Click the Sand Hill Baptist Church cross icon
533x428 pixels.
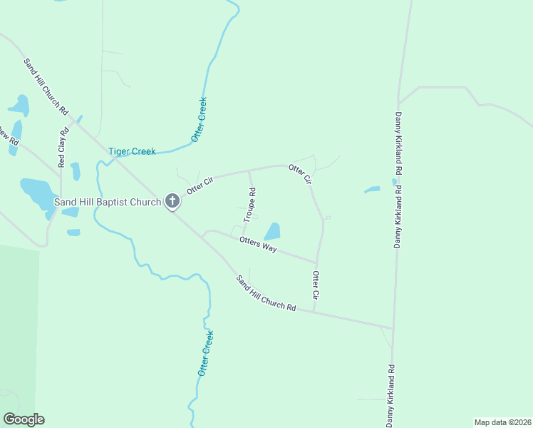pos(172,202)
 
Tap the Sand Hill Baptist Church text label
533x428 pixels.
pos(108,203)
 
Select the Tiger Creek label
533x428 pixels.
pos(132,151)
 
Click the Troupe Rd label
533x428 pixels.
pos(252,203)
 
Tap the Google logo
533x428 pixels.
pos(24,419)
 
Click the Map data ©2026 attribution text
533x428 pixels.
pos(502,422)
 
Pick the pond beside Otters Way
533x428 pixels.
pos(273,231)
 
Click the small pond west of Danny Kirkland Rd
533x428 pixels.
pos(372,190)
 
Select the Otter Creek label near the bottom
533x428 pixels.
pos(205,353)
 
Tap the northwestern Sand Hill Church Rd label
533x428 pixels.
pos(46,87)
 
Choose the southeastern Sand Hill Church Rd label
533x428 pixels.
pos(266,293)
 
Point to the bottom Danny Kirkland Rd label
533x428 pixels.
pos(391,396)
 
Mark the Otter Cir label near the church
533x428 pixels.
pos(200,185)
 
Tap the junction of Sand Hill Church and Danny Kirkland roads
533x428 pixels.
pos(393,328)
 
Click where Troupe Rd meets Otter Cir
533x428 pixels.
pos(249,171)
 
